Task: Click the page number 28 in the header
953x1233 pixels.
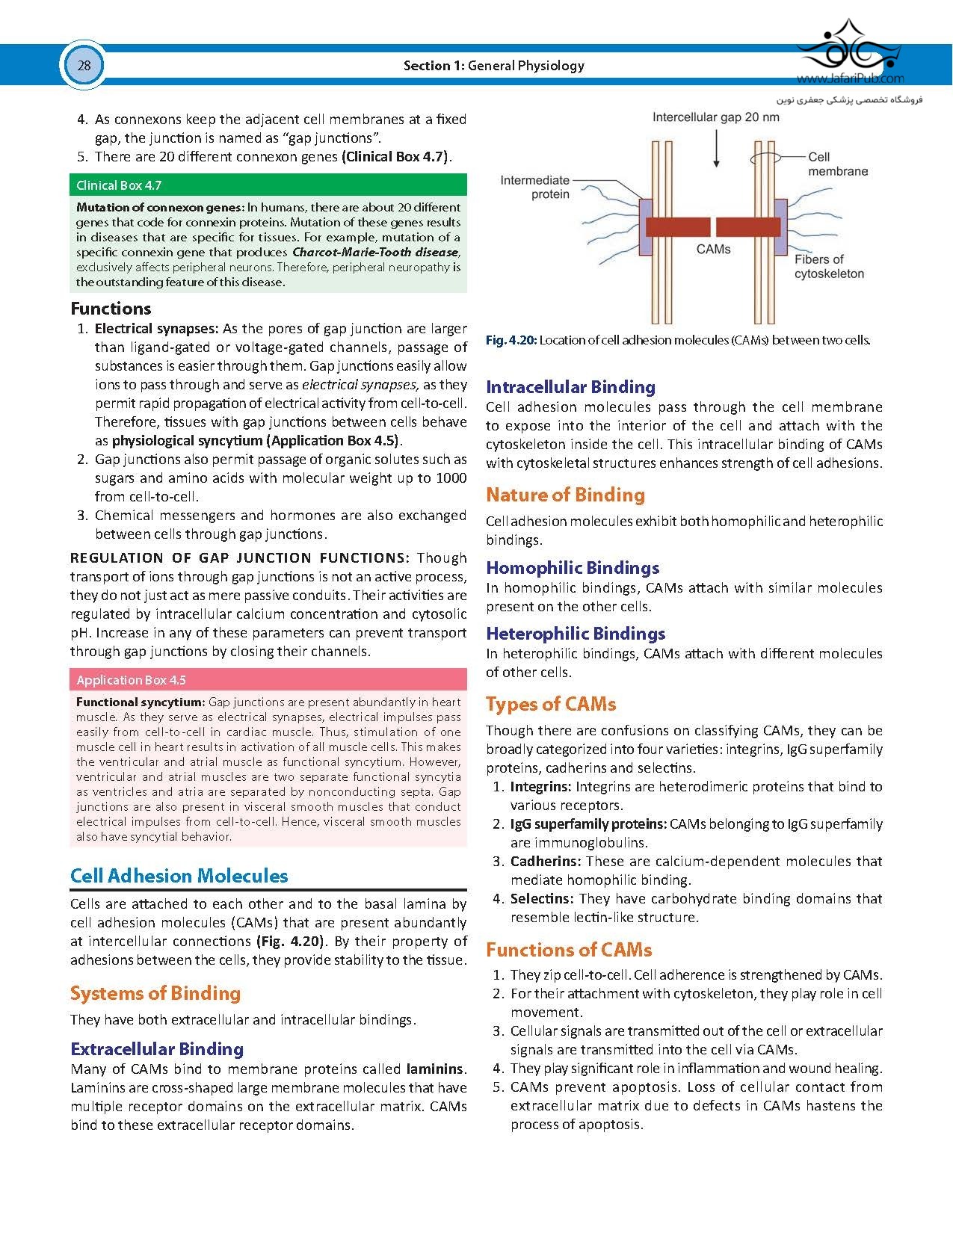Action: coord(84,66)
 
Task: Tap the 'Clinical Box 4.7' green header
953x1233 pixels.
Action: coord(119,185)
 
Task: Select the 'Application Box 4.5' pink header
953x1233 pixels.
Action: coord(131,680)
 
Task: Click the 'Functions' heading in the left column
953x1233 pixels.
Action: coord(111,309)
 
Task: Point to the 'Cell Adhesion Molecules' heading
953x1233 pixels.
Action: coord(179,876)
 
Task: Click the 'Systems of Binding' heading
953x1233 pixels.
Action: coord(155,993)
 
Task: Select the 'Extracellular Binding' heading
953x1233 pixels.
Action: coord(157,1049)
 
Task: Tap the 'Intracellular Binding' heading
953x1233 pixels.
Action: coord(570,387)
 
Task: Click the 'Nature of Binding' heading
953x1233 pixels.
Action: coord(565,495)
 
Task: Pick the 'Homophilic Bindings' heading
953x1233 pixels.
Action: coord(573,568)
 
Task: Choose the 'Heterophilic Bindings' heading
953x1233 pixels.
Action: coord(576,634)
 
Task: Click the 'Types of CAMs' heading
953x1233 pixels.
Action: coord(551,704)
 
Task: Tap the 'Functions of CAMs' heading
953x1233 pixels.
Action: coord(569,950)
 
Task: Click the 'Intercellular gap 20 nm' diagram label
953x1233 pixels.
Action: coord(715,117)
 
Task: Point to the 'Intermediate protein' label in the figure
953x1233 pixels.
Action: coord(534,187)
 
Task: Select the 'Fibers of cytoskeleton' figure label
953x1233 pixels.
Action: coord(828,267)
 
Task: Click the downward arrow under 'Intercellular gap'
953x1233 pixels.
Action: coord(716,149)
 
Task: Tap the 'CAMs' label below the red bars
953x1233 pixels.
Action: coord(713,249)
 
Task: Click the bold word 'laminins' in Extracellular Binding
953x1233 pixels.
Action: coord(435,1069)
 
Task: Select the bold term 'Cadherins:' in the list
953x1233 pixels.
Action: coord(545,862)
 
